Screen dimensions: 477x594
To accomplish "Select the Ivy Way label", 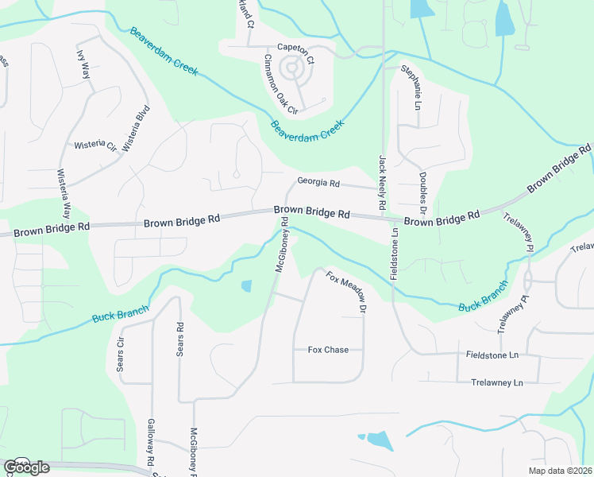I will click(x=83, y=64).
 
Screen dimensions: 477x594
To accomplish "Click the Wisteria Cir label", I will click(x=94, y=146).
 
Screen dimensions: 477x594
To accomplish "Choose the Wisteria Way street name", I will click(x=63, y=195).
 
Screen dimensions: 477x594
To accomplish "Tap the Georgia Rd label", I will click(x=318, y=183).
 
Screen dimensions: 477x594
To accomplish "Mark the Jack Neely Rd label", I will click(x=382, y=183).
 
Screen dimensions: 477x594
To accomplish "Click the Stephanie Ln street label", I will click(x=411, y=87).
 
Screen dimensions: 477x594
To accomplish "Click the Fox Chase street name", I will click(x=328, y=350).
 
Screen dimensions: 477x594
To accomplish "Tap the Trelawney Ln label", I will click(x=496, y=382).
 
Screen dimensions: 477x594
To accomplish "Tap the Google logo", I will click(x=26, y=467).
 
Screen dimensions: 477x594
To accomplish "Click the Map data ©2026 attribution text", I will click(x=560, y=471).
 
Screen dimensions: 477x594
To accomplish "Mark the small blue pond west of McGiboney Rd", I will click(x=246, y=285).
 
